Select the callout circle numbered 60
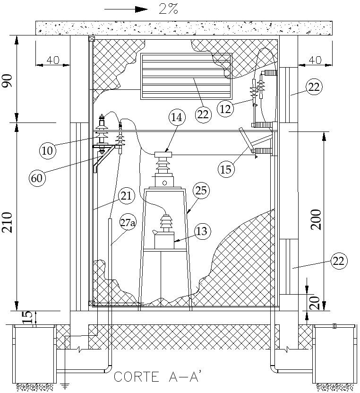(38, 178)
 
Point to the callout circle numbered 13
(202, 231)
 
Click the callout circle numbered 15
(226, 169)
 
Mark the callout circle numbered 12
(226, 109)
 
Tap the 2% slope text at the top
(168, 9)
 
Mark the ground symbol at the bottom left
(64, 386)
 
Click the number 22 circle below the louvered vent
(203, 115)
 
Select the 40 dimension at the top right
(315, 60)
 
